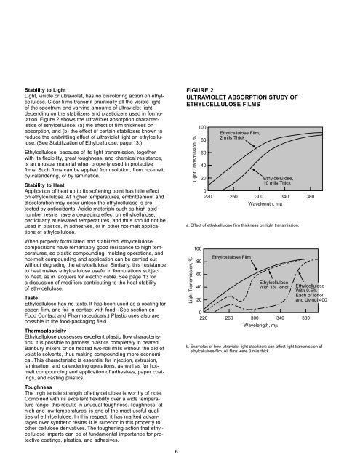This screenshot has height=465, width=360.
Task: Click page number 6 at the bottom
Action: click(x=180, y=450)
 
